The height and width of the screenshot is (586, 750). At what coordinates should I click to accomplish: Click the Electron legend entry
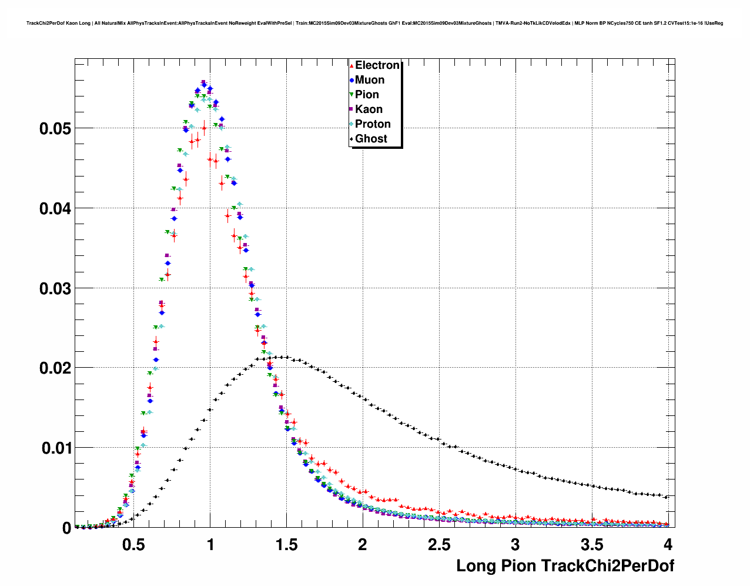point(377,65)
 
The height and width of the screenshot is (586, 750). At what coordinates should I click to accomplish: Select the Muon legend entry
point(369,80)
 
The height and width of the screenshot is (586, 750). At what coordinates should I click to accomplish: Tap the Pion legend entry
point(367,95)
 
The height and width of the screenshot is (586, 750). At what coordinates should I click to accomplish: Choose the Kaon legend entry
point(369,109)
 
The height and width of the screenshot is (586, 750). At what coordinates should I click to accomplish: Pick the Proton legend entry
point(373,124)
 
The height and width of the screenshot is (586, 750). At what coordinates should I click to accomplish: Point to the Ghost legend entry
point(371,139)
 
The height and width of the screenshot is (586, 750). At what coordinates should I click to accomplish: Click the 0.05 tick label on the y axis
point(55,129)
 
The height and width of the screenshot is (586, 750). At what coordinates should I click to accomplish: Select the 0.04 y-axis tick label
point(55,209)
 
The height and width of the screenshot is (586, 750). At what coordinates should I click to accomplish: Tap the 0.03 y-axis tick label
point(55,289)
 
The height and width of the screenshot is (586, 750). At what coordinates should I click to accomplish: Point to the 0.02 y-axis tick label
point(55,368)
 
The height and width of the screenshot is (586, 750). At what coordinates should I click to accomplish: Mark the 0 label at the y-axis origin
point(66,528)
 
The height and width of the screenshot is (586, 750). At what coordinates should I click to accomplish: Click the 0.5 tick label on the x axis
point(133,544)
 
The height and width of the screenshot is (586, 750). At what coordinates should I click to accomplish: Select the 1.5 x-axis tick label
point(286,544)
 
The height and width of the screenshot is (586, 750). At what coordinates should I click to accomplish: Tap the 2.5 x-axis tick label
point(439,544)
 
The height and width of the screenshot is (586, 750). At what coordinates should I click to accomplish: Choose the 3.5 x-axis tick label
point(592,544)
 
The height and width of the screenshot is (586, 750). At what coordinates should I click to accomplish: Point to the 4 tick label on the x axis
point(668,544)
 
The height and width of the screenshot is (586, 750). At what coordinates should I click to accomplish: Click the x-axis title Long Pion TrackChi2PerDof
point(565,566)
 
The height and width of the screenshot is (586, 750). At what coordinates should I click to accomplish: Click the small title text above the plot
point(374,24)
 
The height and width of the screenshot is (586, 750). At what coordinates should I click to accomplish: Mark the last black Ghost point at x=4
point(667,497)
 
